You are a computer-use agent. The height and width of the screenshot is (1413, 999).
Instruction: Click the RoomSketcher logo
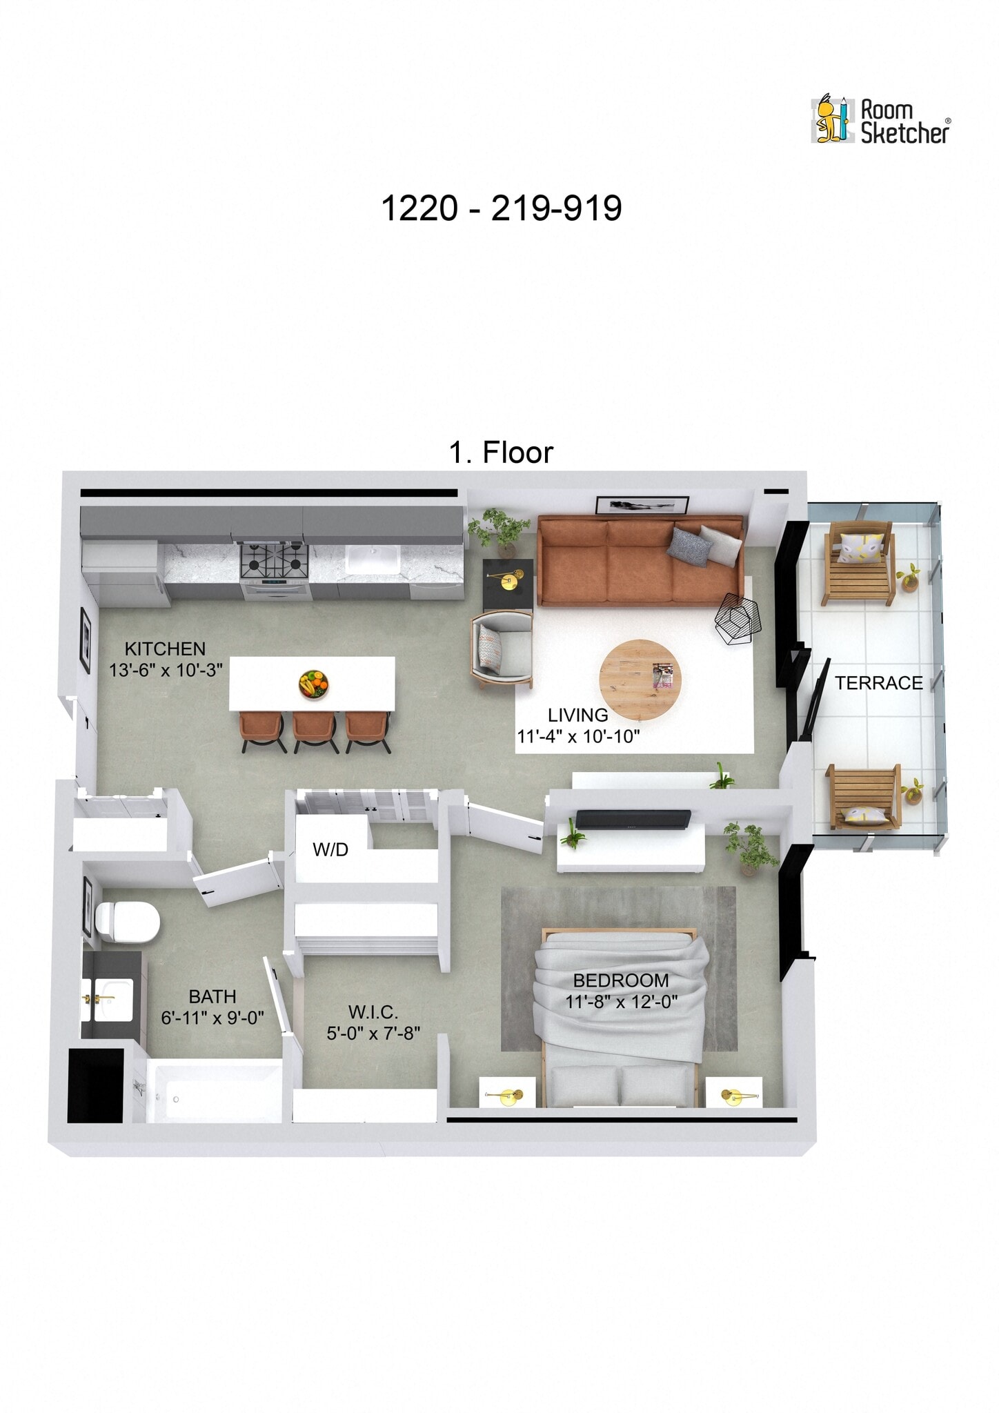pos(880,120)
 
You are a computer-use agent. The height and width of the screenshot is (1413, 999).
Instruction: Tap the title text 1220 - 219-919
pos(501,208)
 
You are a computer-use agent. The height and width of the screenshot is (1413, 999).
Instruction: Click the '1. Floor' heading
pos(501,453)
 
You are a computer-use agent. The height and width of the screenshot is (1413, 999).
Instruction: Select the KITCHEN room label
pos(165,649)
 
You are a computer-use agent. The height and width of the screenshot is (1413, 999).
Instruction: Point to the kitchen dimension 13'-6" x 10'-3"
pos(166,670)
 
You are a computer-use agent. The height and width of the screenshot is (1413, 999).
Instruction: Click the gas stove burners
pos(274,560)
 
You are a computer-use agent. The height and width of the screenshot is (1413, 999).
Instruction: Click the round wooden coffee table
pos(640,680)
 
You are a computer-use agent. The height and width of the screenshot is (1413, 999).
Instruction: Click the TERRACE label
pos(878,683)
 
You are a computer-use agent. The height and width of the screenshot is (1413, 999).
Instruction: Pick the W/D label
pos(330,850)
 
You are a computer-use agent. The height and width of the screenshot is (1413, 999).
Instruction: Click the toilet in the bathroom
pos(128,922)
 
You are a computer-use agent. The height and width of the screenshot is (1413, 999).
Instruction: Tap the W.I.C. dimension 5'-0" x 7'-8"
pos(373,1033)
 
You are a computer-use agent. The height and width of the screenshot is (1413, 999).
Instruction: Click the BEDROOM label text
pos(621,980)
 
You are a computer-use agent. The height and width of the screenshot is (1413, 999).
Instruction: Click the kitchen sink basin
pos(373,559)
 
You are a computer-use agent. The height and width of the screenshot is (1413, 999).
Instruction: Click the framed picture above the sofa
pos(642,505)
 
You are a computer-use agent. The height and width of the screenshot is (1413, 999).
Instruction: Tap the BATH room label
pos(212,996)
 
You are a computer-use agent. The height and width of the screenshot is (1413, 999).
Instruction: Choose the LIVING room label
pos(577,715)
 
